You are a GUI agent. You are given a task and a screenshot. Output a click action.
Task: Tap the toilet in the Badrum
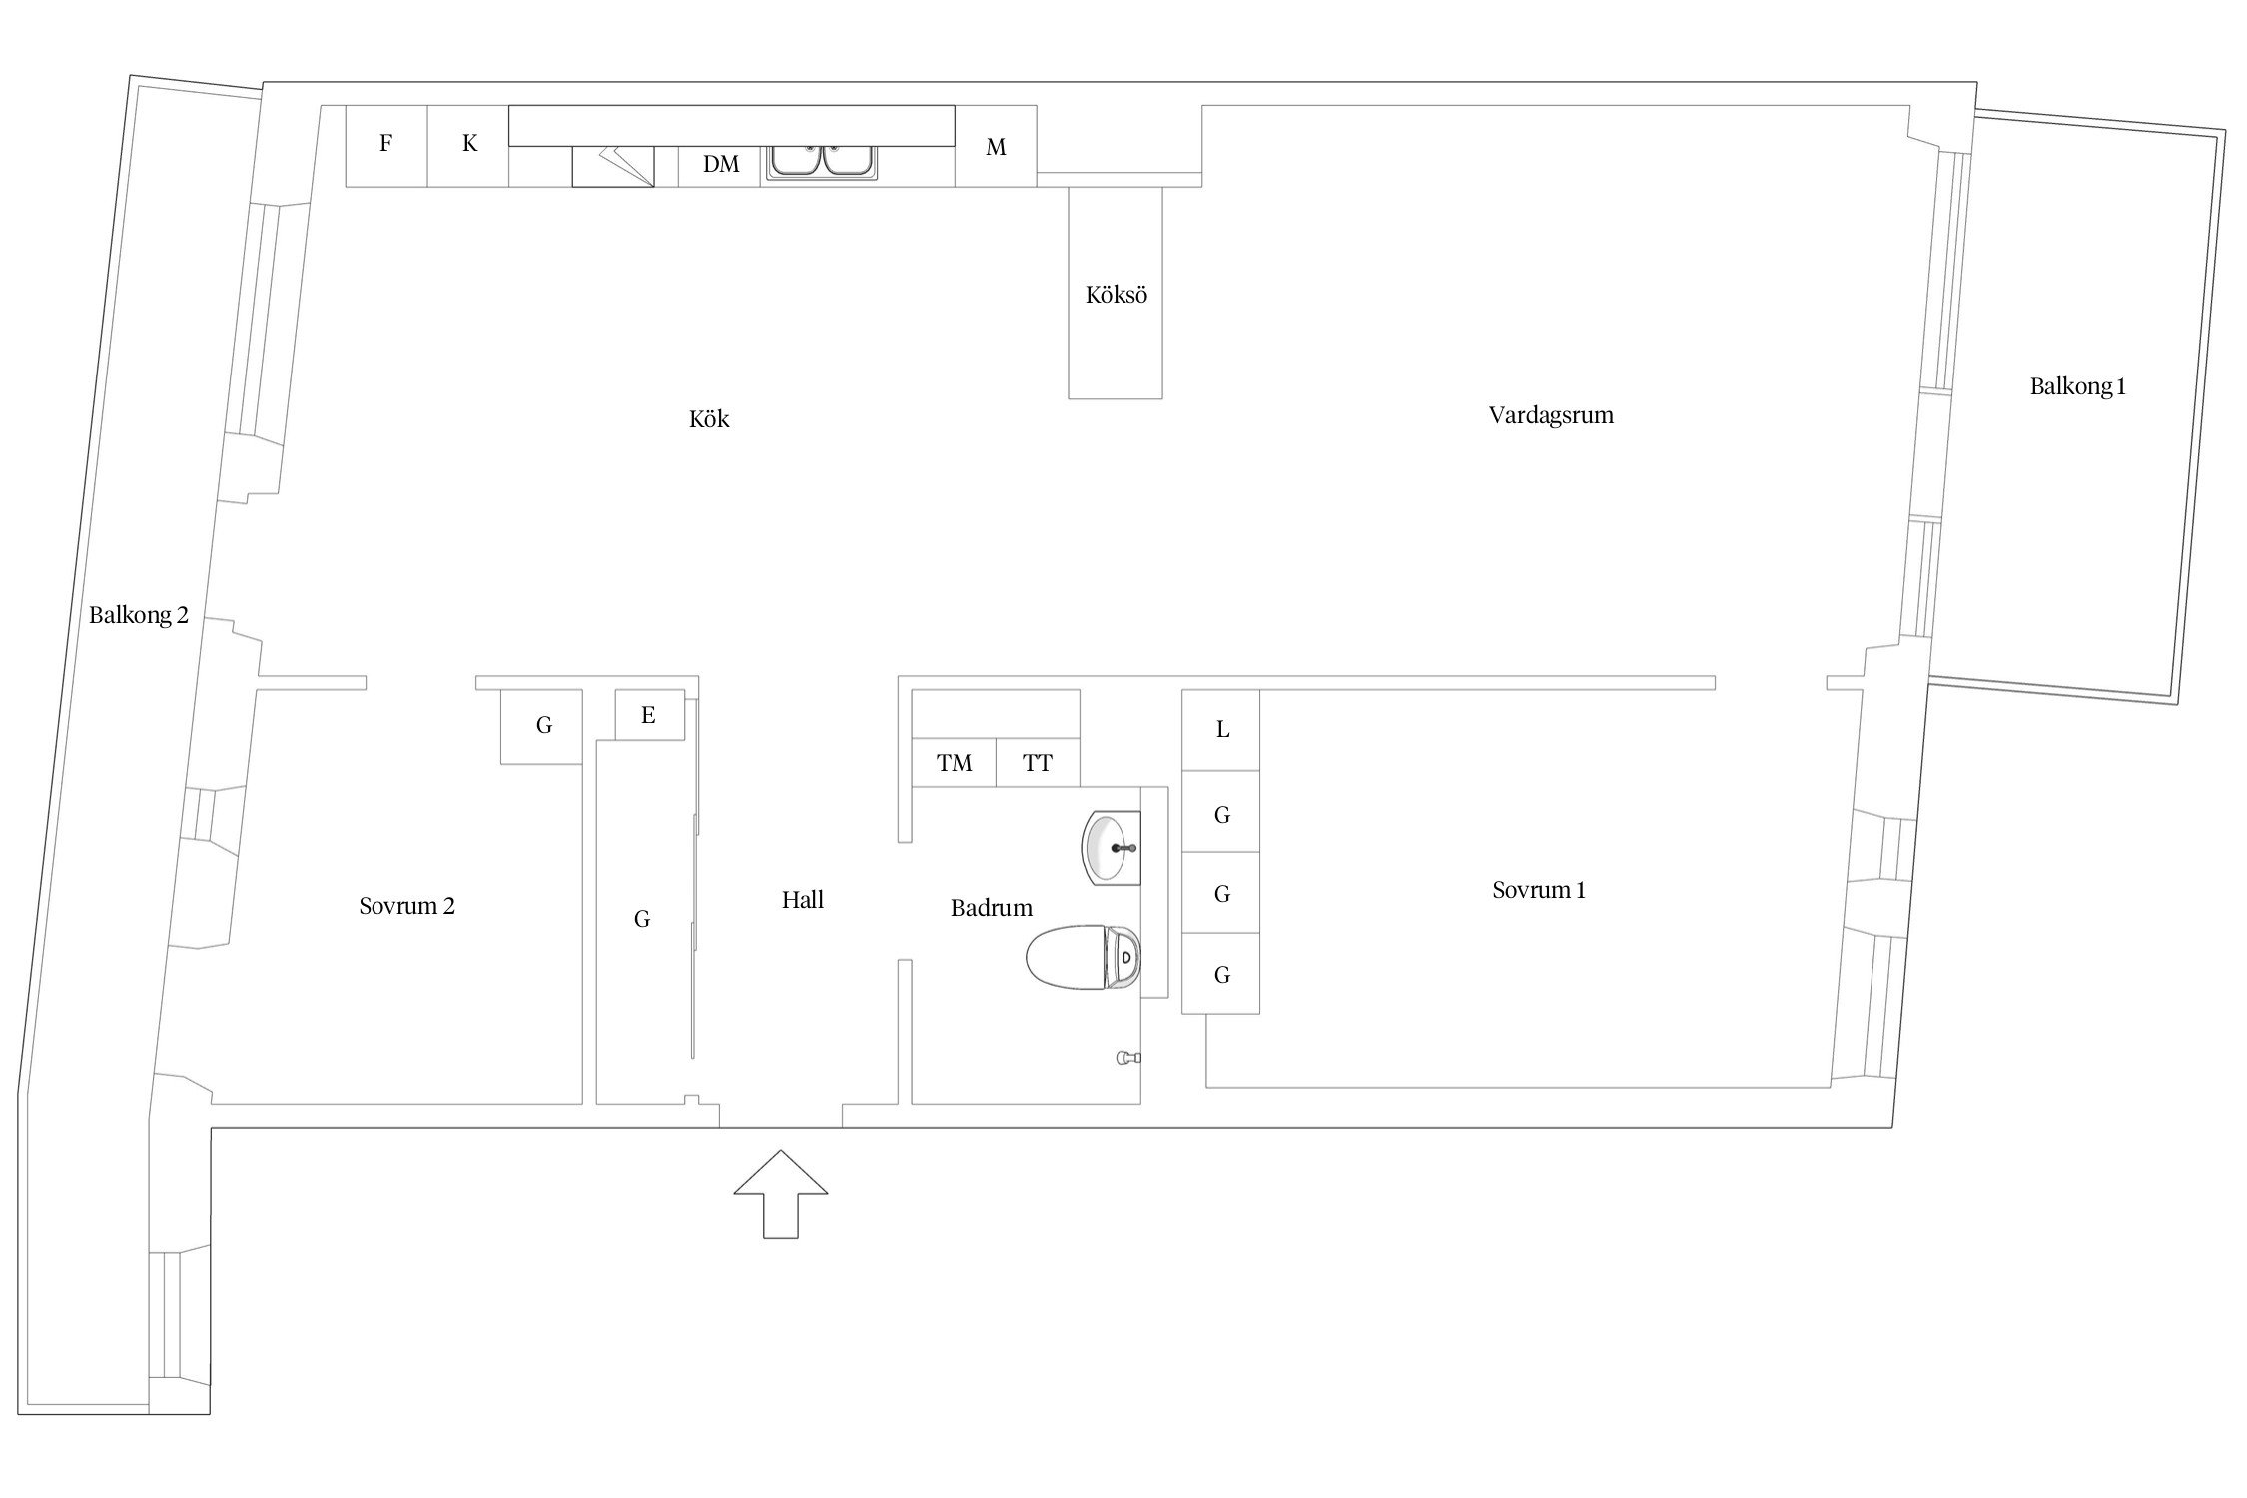pos(1084,957)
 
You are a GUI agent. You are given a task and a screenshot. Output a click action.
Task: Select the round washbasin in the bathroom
pos(1112,848)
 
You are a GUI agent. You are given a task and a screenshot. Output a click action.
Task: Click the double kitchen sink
pos(822,163)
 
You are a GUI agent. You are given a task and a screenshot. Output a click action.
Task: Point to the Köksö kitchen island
pos(1116,293)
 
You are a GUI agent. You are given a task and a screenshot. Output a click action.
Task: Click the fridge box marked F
pos(386,146)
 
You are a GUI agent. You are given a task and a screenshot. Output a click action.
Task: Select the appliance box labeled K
pos(468,146)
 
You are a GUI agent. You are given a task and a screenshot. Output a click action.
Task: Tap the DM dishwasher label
pos(721,165)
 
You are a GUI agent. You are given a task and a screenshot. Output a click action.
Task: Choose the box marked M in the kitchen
pos(996,146)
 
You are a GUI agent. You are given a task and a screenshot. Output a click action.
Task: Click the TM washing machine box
pos(955,763)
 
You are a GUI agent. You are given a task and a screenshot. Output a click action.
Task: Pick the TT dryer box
pos(1038,763)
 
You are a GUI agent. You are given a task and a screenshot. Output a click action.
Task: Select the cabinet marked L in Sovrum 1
pos(1221,730)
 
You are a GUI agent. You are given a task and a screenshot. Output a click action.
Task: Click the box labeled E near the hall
pos(649,715)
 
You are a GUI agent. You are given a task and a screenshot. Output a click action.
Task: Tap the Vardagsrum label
pos(1551,415)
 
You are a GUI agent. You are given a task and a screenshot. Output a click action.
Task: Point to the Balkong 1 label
pos(2077,386)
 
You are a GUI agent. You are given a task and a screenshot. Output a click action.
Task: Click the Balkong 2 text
pos(138,615)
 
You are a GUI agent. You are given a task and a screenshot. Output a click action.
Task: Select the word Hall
pos(803,900)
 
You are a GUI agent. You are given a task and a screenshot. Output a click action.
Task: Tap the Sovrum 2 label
pos(406,906)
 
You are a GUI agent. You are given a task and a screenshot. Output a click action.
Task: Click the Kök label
pos(709,419)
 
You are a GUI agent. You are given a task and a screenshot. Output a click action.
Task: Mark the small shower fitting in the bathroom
pos(1128,1058)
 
